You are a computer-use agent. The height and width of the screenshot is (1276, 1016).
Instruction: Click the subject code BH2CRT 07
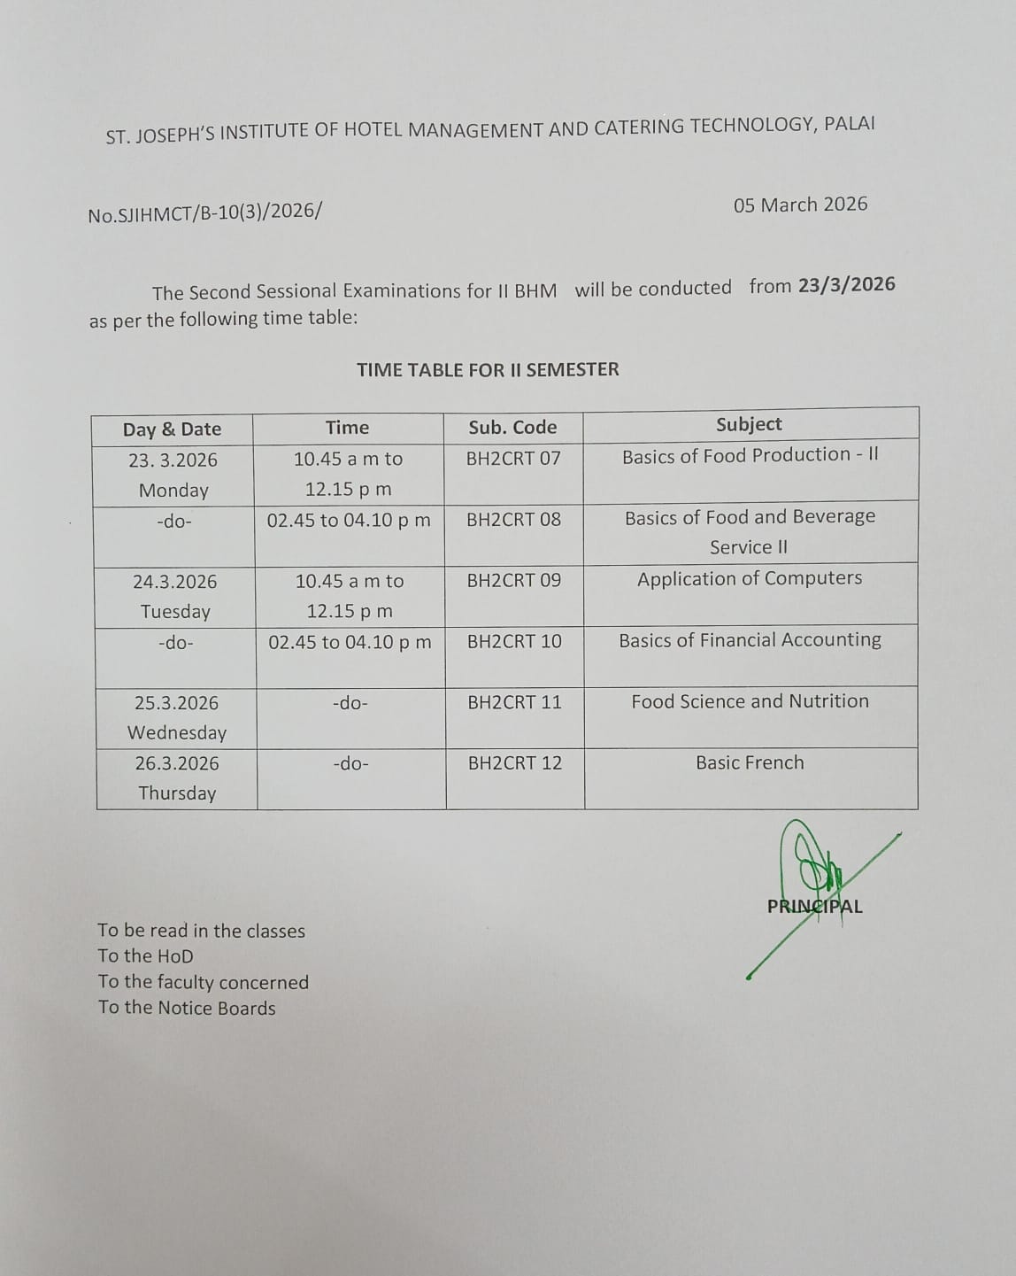click(513, 459)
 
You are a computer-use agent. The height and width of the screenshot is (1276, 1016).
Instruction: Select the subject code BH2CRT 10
click(514, 641)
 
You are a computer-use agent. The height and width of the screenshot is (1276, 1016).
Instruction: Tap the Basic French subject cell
click(750, 762)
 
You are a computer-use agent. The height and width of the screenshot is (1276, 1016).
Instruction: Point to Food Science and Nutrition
click(750, 701)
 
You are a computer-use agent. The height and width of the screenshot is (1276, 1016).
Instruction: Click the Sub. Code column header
click(512, 428)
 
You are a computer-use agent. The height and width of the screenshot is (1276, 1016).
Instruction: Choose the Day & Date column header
click(172, 429)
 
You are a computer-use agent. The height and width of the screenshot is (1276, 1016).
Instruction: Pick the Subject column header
click(749, 424)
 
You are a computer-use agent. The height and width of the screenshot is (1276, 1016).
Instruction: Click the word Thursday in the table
click(177, 793)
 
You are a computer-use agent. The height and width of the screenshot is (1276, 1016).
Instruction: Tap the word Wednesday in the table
click(177, 733)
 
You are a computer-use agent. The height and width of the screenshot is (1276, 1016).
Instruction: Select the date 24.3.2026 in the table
click(175, 582)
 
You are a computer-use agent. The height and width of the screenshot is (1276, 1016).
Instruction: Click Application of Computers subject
click(750, 578)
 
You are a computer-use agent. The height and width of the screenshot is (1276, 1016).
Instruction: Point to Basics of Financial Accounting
click(750, 640)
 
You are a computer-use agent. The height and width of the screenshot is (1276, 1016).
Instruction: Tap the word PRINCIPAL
click(814, 907)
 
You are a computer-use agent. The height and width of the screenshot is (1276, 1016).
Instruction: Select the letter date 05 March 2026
click(800, 205)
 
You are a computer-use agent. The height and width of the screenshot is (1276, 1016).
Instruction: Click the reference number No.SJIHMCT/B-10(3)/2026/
click(205, 213)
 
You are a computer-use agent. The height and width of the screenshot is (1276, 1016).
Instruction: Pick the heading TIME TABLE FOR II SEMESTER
click(488, 369)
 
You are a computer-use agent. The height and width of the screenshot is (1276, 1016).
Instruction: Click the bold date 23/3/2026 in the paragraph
click(846, 285)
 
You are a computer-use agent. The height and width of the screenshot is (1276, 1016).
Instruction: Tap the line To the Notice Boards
click(187, 1008)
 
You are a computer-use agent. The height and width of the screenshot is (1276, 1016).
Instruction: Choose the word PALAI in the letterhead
click(849, 124)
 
